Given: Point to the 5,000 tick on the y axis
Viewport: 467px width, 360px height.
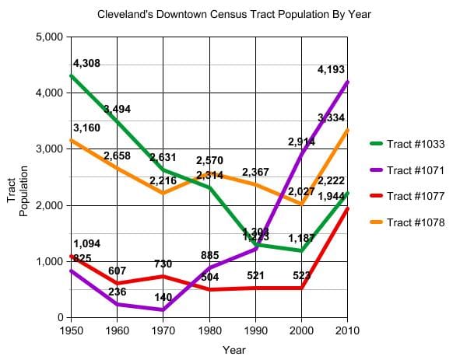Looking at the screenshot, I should (51, 37).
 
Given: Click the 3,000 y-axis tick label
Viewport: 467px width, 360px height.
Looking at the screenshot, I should (51, 149).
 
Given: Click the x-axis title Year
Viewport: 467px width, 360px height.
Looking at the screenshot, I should (233, 350).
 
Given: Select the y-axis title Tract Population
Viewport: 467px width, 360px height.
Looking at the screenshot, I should (17, 190).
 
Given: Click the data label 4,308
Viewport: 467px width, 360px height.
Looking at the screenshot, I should (86, 63).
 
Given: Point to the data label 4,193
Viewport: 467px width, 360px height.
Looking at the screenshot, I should (331, 70).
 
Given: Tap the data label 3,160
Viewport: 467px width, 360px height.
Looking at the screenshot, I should (86, 128).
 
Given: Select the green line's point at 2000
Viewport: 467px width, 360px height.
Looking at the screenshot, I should (301, 250).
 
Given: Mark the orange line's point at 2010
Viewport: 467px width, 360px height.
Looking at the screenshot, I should (347, 130).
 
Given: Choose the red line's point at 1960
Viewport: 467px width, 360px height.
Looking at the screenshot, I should (118, 283).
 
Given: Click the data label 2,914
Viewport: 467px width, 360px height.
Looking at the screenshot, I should (301, 142).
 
